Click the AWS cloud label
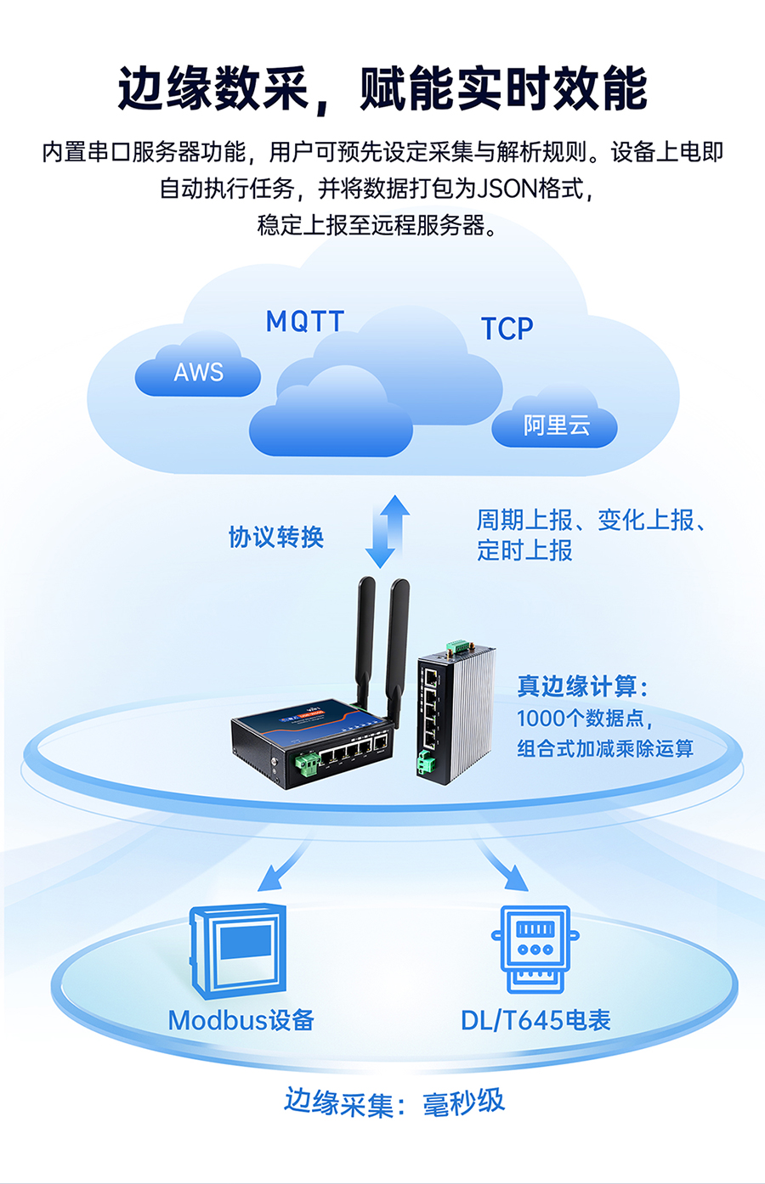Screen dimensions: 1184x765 coord(198,372)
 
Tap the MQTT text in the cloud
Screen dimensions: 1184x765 coord(305,321)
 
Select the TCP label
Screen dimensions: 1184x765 coord(507,329)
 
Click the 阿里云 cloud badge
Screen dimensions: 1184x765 coord(556,425)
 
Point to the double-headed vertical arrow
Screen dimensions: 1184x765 coord(388,531)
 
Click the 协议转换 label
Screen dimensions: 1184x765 coord(276,537)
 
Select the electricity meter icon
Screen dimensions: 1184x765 coord(535,949)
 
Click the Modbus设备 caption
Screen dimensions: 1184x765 coord(241,1020)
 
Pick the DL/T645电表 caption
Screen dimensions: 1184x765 coord(535,1020)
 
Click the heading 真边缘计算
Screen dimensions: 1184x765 coord(583,686)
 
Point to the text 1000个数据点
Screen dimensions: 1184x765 coord(585,719)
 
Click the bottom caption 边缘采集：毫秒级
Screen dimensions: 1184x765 coord(394,1102)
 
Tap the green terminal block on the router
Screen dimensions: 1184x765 coord(306,764)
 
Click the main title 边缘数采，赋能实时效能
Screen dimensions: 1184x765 coord(382,88)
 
